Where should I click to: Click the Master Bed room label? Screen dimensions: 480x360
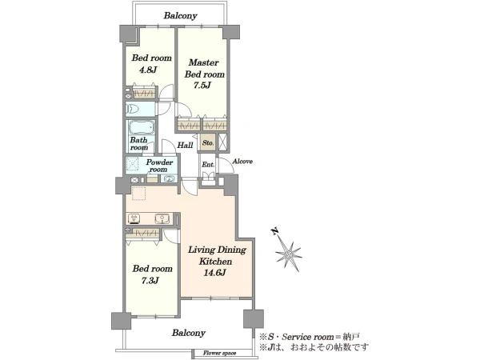click(205, 68)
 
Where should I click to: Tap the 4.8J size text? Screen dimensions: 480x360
click(148, 70)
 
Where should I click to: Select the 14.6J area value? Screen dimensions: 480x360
click(214, 273)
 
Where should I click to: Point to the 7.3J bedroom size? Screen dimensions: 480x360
click(150, 281)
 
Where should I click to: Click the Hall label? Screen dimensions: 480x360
click(186, 145)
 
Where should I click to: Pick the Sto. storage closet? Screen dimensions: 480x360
click(208, 142)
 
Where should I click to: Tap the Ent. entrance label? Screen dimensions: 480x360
click(208, 164)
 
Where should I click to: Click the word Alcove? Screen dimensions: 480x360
click(242, 162)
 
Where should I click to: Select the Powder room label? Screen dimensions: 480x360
click(159, 166)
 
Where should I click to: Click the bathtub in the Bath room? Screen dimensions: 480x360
click(141, 128)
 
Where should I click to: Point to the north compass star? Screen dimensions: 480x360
click(289, 254)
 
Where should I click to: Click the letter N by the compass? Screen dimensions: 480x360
click(275, 231)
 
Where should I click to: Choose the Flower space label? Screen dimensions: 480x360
click(220, 354)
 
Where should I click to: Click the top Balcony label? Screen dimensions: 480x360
click(180, 16)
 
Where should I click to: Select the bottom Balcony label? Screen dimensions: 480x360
click(188, 333)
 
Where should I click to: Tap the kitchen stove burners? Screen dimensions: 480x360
click(134, 218)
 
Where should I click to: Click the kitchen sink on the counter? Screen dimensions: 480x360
click(161, 218)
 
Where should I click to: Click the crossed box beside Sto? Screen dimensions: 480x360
click(223, 142)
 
